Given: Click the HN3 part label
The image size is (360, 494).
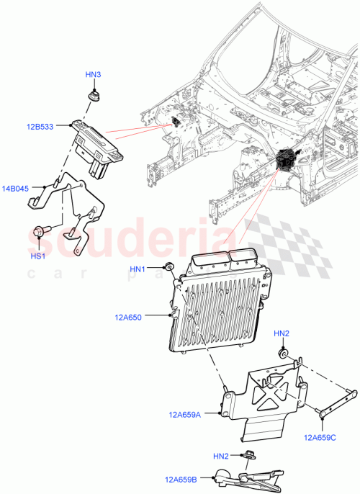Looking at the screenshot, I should tap(93, 75).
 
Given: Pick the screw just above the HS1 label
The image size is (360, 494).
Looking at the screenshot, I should tap(40, 232).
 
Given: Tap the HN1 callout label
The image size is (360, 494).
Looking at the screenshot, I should tap(138, 269).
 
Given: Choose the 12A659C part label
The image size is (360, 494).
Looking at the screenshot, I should tap(322, 436).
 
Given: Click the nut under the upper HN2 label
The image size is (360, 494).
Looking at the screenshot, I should tap(284, 354).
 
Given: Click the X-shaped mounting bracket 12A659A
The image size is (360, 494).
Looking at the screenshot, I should tap(266, 396).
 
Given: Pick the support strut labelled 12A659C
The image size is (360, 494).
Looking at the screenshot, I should tap(338, 400).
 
